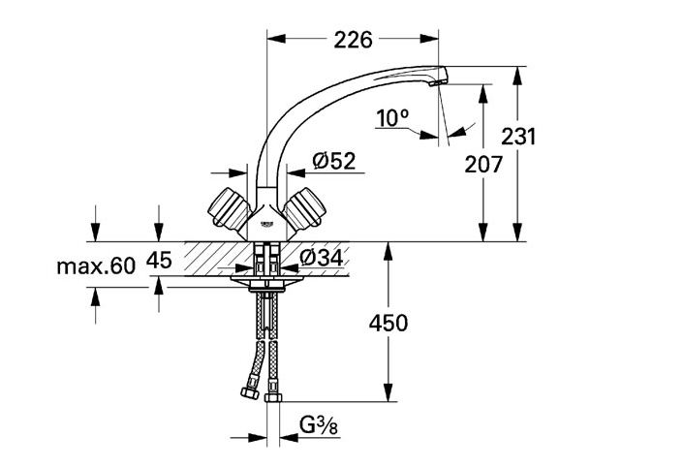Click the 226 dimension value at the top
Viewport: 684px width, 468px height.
point(353,40)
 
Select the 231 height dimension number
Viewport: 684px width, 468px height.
point(517,137)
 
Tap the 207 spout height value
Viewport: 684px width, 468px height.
point(483,165)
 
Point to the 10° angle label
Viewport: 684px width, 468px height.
point(392,118)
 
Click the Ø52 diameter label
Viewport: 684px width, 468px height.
point(334,161)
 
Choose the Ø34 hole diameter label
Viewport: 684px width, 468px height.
point(321,258)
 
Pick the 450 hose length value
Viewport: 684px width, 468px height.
point(389,324)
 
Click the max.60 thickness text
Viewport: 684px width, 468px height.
point(96,265)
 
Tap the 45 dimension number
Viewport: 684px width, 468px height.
point(159,261)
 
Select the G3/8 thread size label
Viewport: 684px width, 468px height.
point(319,425)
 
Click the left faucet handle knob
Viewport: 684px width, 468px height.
point(228,208)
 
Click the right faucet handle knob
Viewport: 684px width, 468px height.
point(305,208)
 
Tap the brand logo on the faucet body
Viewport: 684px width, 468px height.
point(266,225)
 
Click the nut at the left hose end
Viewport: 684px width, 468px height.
point(250,392)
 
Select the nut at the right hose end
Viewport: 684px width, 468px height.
point(273,396)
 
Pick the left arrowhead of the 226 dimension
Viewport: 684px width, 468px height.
point(276,39)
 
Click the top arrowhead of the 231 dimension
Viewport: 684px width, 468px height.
point(517,76)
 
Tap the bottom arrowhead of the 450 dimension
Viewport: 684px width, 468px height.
point(388,392)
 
